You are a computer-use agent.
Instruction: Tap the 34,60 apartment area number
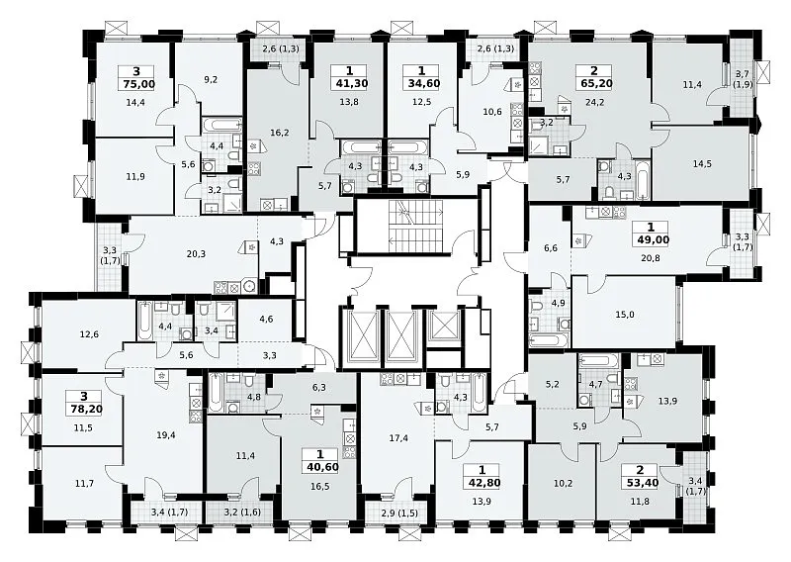[x=422, y=83]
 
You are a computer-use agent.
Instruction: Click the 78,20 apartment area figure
[x=83, y=409]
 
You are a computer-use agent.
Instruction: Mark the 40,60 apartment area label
[x=320, y=467]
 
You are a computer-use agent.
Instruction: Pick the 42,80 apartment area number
[x=483, y=483]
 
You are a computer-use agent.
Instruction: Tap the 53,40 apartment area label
[x=641, y=483]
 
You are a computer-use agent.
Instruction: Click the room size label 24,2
[x=594, y=103]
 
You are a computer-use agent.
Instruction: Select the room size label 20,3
[x=196, y=254]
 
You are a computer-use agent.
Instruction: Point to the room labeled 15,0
[x=625, y=315]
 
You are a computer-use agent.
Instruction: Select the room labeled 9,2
[x=211, y=79]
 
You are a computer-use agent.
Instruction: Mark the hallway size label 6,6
[x=551, y=248]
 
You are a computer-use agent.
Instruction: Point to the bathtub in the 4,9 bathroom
[x=549, y=340]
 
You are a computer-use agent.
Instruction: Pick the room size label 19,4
[x=165, y=435]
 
